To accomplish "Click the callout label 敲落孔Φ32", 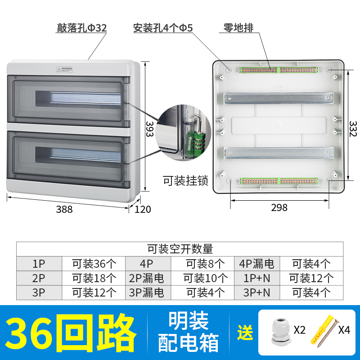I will [81, 28].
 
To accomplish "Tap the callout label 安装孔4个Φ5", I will [163, 28].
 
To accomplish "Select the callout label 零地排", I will [238, 28].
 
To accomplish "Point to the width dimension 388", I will [64, 209].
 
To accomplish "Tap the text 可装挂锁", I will [185, 181].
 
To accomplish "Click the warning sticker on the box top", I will [64, 70].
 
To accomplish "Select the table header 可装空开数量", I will [180, 248].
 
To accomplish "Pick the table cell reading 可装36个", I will [94, 263].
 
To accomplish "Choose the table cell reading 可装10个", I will [202, 278].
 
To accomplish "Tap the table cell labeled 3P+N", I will [256, 292].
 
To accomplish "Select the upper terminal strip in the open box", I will [279, 70].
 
